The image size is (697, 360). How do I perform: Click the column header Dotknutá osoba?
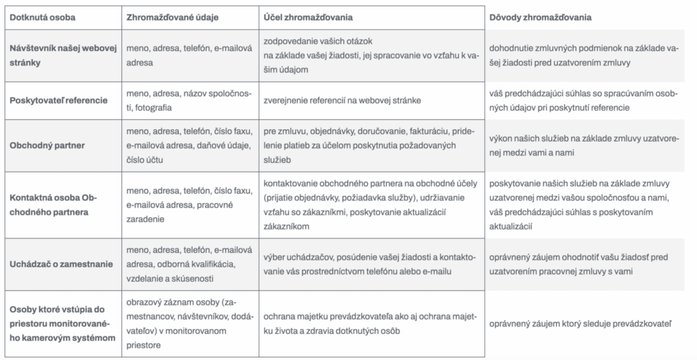click(x=42, y=17)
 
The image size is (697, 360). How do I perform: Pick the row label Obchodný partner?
click(x=48, y=145)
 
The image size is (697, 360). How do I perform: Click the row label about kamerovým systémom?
click(x=62, y=324)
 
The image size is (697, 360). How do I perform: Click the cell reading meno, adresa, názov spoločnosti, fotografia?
click(x=188, y=101)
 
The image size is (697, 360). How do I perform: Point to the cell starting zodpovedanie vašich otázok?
click(x=366, y=55)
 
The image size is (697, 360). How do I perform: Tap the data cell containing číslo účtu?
click(x=188, y=145)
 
